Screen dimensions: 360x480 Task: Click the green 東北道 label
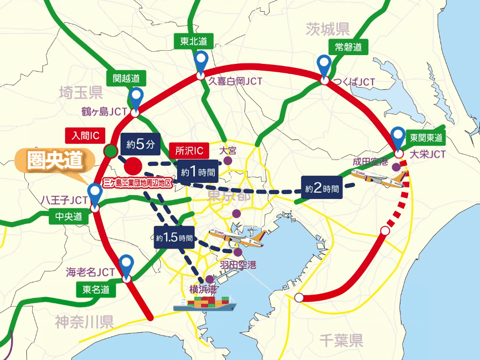pos(190,42)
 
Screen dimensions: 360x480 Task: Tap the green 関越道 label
pos(126,78)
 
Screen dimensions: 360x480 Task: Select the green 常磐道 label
pos(348,47)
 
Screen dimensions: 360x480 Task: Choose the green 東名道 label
pos(96,290)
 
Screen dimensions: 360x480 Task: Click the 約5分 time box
pos(140,144)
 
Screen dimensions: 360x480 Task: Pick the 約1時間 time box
pos(198,172)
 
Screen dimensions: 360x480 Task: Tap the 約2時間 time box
pos(321,188)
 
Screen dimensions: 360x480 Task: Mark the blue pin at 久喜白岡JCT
pos(201,61)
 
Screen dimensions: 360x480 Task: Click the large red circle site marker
pos(133,166)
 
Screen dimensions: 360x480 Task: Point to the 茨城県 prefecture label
pos(328,30)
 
